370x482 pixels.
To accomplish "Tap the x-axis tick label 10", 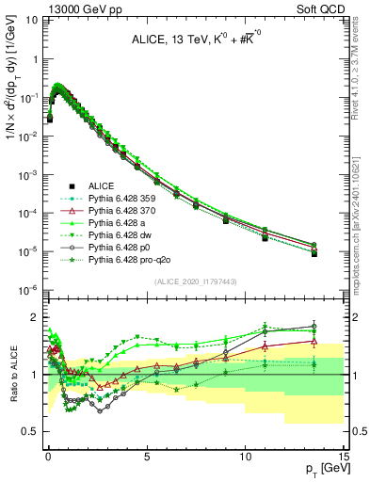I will coord(245,456).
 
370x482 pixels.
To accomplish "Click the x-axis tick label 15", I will coord(343,456).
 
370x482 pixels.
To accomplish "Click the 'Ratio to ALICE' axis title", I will coord(12,374).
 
